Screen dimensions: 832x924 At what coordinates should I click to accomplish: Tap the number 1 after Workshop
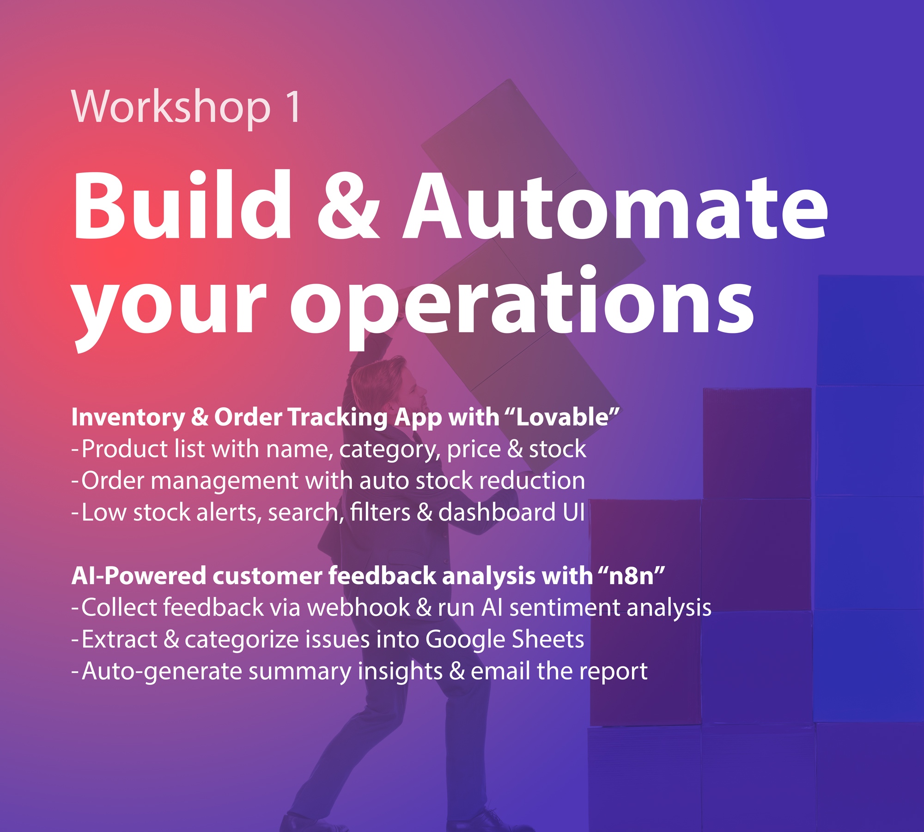pyautogui.click(x=293, y=107)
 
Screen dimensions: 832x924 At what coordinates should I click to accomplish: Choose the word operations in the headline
pyautogui.click(x=522, y=303)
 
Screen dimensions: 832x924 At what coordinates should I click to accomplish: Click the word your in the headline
pyautogui.click(x=169, y=308)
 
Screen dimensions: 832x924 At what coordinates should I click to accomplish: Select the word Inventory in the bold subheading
pyautogui.click(x=128, y=418)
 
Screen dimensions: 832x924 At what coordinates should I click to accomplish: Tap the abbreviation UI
pyautogui.click(x=573, y=512)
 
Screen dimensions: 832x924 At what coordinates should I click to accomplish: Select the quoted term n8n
pyautogui.click(x=631, y=576)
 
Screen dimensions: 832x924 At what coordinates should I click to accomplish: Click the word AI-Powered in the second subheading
pyautogui.click(x=139, y=576)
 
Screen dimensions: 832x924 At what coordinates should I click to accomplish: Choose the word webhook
pyautogui.click(x=359, y=608)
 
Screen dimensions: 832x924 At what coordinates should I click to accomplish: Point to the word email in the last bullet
pyautogui.click(x=500, y=671)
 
